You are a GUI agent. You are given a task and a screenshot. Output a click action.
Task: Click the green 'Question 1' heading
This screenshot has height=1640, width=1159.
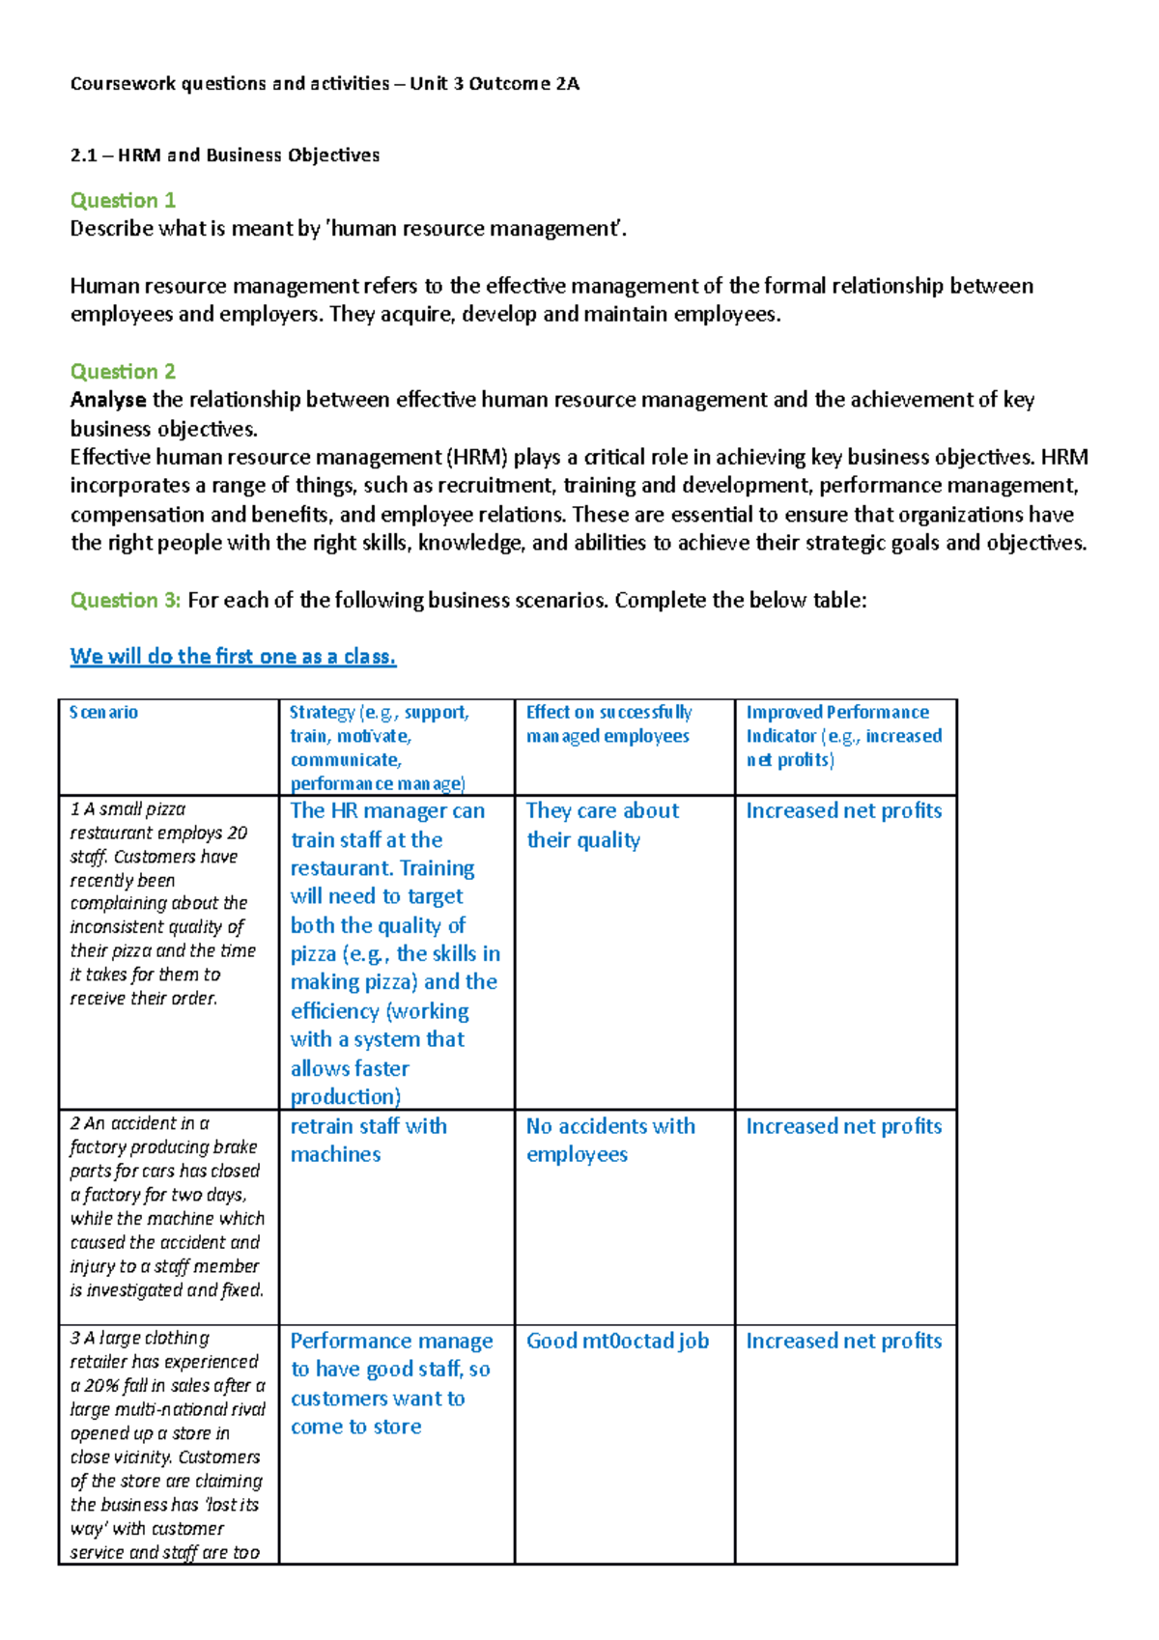[x=123, y=200]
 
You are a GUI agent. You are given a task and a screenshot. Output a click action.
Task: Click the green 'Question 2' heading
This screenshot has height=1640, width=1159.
[x=123, y=371]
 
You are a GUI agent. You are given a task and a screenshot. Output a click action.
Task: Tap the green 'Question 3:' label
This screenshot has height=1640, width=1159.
[x=126, y=600]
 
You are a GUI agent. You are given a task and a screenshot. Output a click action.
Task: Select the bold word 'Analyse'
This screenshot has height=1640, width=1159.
[x=108, y=400]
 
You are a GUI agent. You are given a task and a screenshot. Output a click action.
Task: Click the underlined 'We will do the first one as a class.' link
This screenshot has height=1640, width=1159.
[x=233, y=657]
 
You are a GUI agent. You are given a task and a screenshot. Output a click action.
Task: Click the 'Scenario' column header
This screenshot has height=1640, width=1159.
[x=103, y=713]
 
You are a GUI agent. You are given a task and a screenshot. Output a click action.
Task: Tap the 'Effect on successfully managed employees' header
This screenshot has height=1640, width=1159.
[x=608, y=724]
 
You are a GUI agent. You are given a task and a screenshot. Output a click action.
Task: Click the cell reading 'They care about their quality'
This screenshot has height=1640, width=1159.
[x=602, y=825]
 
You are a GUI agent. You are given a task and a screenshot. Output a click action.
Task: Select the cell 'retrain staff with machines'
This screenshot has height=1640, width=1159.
[x=368, y=1140]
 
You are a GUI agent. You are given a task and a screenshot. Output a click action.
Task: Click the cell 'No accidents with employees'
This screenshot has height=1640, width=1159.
[x=609, y=1140]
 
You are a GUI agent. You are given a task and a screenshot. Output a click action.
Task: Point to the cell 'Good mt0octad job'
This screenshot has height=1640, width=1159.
[x=617, y=1341]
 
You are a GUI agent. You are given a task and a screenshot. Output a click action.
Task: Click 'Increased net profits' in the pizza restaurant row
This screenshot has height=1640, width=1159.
[x=843, y=811]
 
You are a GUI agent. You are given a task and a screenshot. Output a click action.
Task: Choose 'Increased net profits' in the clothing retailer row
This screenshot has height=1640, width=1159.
[x=843, y=1341]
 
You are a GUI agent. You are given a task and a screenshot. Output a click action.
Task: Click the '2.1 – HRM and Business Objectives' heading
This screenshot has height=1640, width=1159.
[x=225, y=156]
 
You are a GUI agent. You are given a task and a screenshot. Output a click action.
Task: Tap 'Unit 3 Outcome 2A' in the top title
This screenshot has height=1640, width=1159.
[x=495, y=84]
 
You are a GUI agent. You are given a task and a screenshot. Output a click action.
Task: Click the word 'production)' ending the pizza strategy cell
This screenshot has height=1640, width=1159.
[x=345, y=1097]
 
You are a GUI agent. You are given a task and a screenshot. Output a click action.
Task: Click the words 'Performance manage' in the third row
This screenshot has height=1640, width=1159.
[x=391, y=1341]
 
